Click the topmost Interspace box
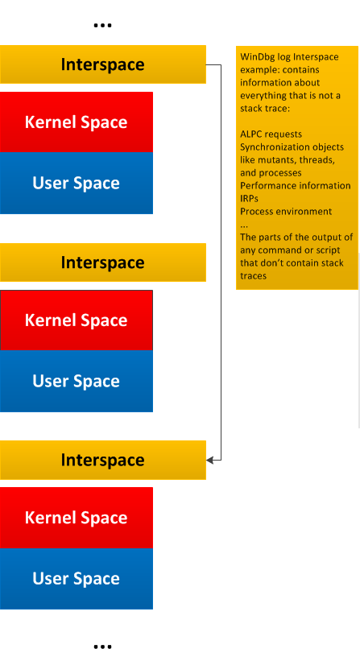pyautogui.click(x=102, y=64)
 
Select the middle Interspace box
pyautogui.click(x=102, y=262)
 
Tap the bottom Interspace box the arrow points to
pyautogui.click(x=102, y=460)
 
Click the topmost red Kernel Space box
pyautogui.click(x=77, y=122)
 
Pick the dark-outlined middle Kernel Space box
pyautogui.click(x=77, y=320)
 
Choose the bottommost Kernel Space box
pyautogui.click(x=77, y=518)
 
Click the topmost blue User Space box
pyautogui.click(x=77, y=183)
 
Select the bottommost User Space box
pyautogui.click(x=77, y=579)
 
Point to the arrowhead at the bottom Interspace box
pyautogui.click(x=210, y=460)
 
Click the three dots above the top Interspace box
pyautogui.click(x=102, y=26)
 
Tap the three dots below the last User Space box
pyautogui.click(x=102, y=647)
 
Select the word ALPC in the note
pyautogui.click(x=251, y=134)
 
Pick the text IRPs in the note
pyautogui.click(x=249, y=198)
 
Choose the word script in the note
pyautogui.click(x=328, y=250)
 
